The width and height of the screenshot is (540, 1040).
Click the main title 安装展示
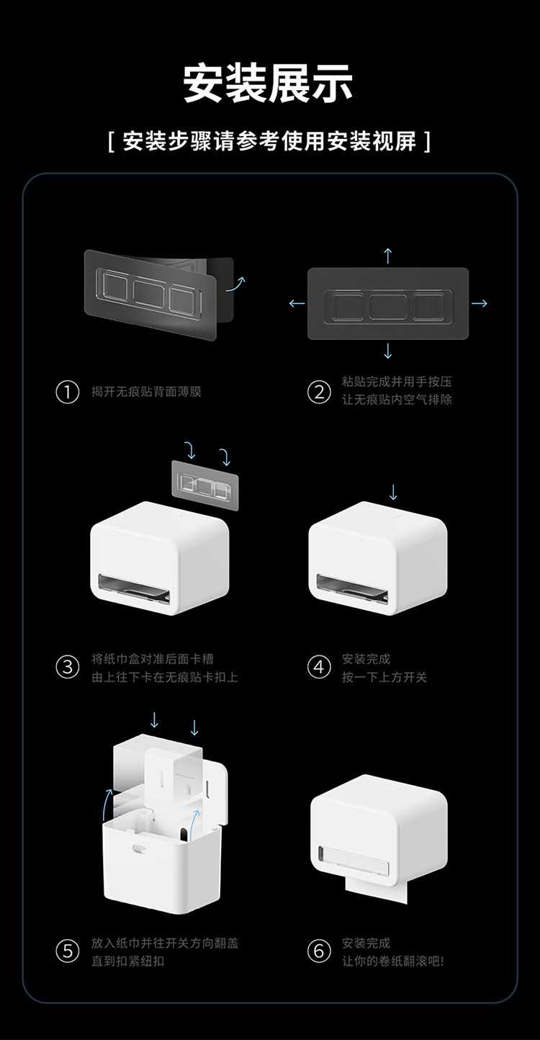(269, 84)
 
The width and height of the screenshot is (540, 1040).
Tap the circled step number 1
(67, 393)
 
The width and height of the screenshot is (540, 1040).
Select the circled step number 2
(318, 393)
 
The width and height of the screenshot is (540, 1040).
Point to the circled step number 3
(67, 667)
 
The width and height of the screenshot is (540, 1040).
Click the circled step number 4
(318, 667)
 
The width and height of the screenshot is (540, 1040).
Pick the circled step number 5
(67, 951)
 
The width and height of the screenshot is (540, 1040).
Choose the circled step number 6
(318, 951)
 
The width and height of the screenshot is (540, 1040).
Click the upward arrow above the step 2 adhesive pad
(388, 255)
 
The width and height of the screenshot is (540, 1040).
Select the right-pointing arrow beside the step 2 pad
(480, 303)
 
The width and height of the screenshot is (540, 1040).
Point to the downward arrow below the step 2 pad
(388, 351)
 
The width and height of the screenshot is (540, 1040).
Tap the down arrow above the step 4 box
(393, 492)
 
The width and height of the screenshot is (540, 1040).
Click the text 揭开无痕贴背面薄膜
(146, 393)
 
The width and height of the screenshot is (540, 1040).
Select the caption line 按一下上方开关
(384, 677)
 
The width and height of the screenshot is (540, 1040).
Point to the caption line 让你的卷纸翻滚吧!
(392, 961)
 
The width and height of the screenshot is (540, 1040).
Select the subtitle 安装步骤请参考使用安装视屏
(269, 140)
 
